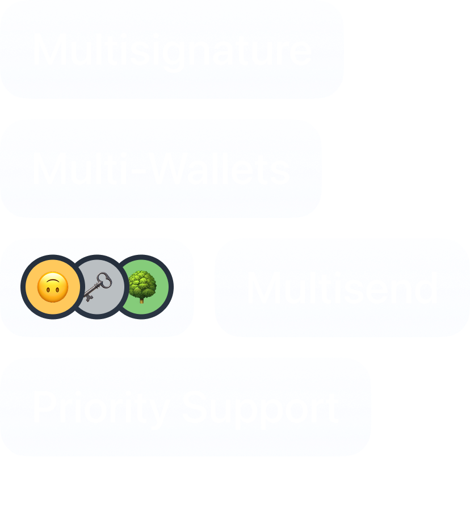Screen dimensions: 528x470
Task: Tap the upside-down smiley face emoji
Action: tap(52, 287)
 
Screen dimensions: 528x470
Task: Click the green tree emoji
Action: tap(142, 286)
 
